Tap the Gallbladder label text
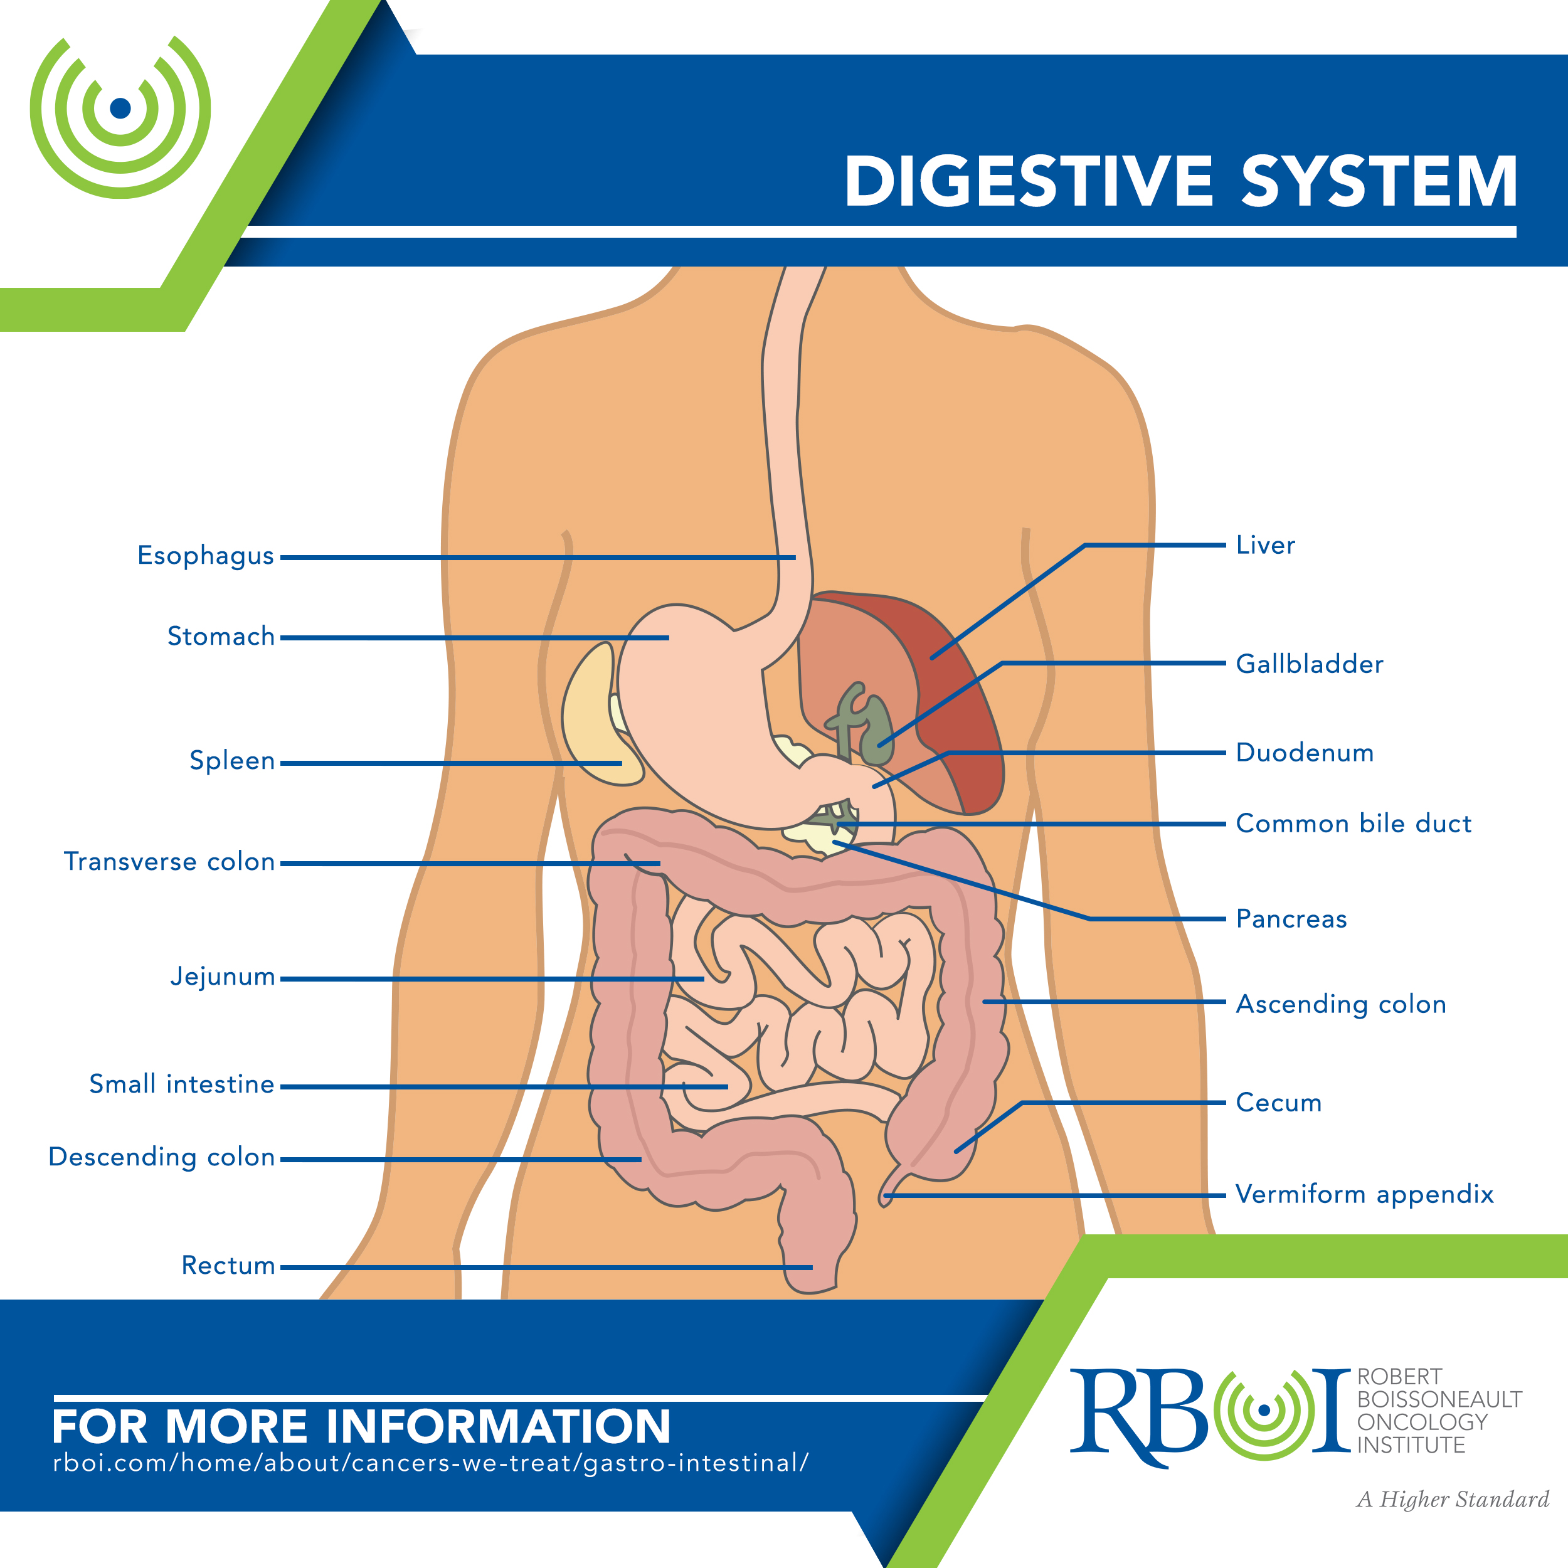[1309, 664]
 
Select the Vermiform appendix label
[1364, 1194]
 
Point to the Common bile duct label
[1353, 823]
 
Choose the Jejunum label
[223, 977]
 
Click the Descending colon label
[162, 1157]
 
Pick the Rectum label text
[228, 1265]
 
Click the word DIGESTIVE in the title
[1028, 181]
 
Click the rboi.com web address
[430, 1463]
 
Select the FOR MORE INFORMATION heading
[361, 1426]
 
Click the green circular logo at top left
[120, 108]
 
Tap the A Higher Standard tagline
[1453, 1499]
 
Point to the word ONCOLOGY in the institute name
[1422, 1422]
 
